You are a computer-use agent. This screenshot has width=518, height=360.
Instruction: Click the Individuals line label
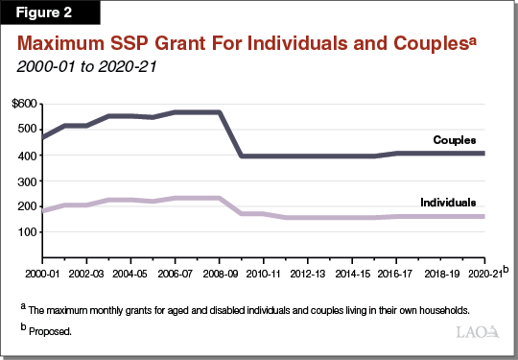pos(448,203)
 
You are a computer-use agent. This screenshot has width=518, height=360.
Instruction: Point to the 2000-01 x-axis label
pos(42,273)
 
